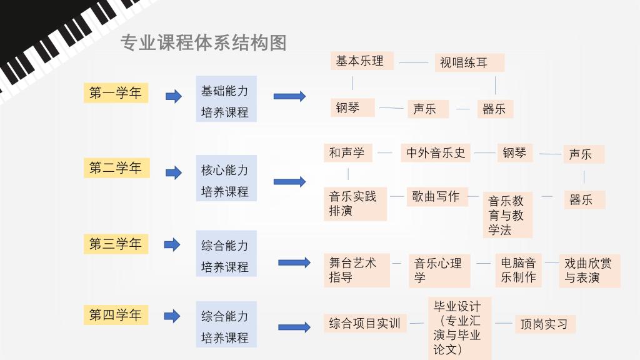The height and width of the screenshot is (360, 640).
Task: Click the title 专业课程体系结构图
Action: pos(203,43)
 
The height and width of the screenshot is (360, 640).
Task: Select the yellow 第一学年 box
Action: pos(116,93)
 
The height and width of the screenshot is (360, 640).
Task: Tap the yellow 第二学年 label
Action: pos(117,167)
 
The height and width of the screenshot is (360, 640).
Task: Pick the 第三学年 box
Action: pos(116,244)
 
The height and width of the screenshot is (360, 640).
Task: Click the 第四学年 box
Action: pos(116,315)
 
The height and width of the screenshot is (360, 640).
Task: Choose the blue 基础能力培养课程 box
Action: pos(226,99)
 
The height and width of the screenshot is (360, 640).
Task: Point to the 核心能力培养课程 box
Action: pos(226,178)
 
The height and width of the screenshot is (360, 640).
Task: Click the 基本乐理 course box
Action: pos(362,61)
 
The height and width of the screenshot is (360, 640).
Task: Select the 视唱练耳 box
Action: pos(469,62)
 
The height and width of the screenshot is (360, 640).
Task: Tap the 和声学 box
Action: pos(348,152)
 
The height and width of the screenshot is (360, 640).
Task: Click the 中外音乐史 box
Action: pos(436,152)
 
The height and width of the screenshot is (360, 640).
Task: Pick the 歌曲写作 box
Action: pos(437,197)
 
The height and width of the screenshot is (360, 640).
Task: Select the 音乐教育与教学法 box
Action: pos(507,215)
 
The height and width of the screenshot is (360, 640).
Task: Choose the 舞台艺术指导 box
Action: pos(357,270)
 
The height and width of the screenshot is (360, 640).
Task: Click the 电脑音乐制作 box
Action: pos(518,270)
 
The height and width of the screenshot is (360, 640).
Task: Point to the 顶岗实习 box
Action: pos(545,324)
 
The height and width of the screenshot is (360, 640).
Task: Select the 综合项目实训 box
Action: pos(365,323)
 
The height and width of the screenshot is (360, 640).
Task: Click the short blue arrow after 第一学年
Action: pos(174,96)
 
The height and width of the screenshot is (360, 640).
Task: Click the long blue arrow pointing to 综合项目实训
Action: pos(294,327)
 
